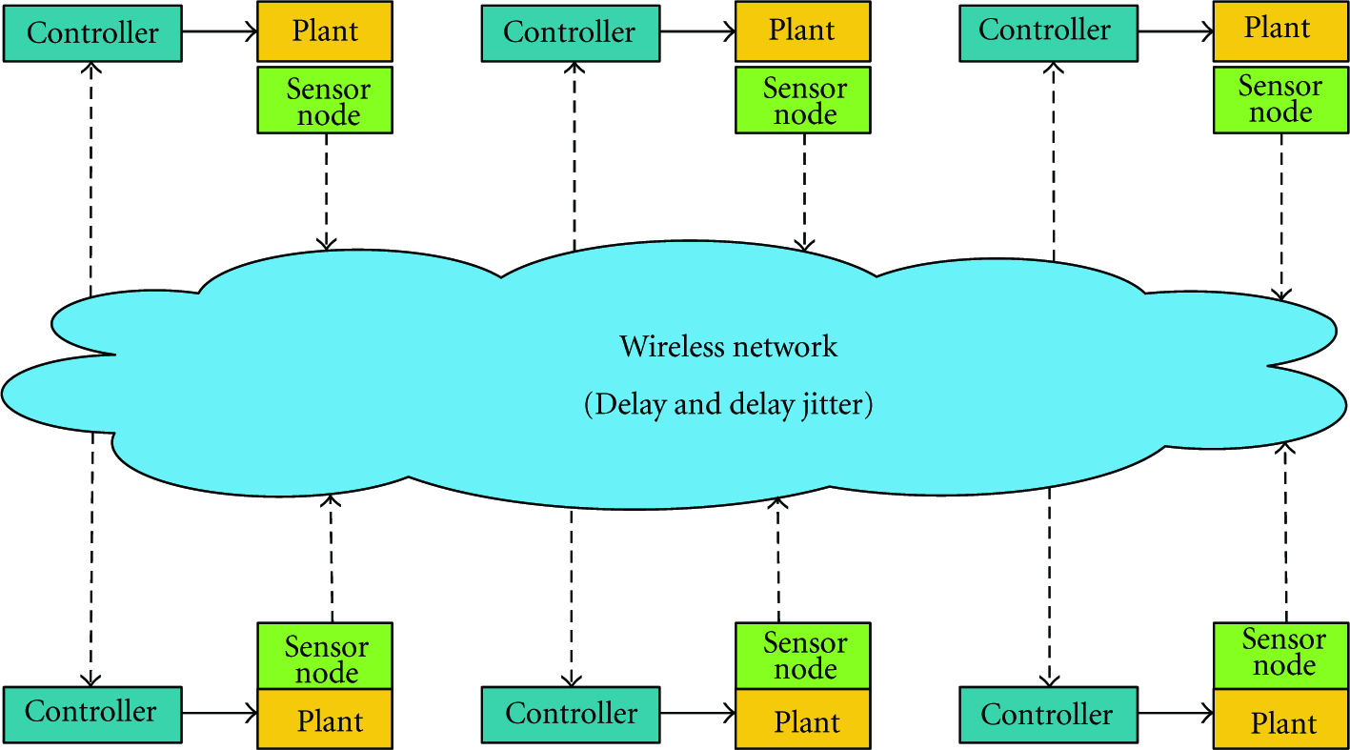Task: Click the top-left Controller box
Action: point(92,33)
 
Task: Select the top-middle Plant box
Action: point(803,31)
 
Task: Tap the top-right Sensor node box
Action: point(1280,100)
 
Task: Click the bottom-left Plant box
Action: point(325,720)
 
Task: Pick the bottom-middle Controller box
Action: point(571,715)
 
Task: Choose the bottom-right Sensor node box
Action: point(1280,656)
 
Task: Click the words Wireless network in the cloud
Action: point(729,347)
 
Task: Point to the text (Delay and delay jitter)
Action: point(729,404)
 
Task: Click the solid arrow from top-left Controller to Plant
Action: point(220,31)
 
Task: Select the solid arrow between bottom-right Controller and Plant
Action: point(1176,714)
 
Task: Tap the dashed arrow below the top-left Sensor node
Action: point(326,192)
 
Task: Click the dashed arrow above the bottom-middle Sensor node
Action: point(778,559)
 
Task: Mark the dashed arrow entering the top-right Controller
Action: point(1053,162)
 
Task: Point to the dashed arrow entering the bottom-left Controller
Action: point(91,559)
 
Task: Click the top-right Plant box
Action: point(1280,31)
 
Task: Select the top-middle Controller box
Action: point(571,33)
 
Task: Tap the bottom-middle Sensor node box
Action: point(803,656)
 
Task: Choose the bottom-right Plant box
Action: point(1280,720)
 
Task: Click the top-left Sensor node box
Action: point(325,100)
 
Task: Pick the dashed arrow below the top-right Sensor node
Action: point(1281,217)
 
